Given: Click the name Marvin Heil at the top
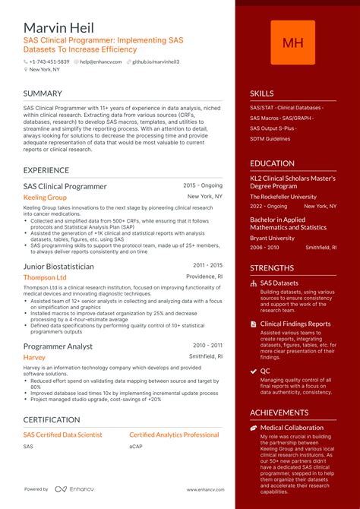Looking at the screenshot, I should pos(58,27).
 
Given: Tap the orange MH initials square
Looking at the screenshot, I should pos(293,43).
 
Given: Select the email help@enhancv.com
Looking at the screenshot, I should pos(99,61).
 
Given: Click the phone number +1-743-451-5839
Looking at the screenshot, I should pos(49,61).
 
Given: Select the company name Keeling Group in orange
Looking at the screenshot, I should pos(45,198).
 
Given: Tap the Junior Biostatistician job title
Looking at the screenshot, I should pos(58,267).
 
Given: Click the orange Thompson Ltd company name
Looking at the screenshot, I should pos(45,278).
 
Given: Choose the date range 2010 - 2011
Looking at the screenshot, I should pos(207,345).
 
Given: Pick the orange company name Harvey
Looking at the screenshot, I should pos(34,357).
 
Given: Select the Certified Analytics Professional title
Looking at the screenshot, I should pos(174,435).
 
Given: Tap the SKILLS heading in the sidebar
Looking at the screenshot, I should pos(262,93).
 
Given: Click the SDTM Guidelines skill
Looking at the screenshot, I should pos(270,139).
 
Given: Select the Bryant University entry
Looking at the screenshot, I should pos(272,238).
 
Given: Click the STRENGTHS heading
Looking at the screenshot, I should pos(272,267).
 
